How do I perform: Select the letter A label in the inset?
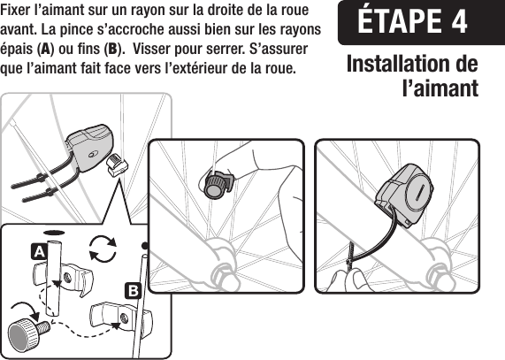39,251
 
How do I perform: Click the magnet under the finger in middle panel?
215,184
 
